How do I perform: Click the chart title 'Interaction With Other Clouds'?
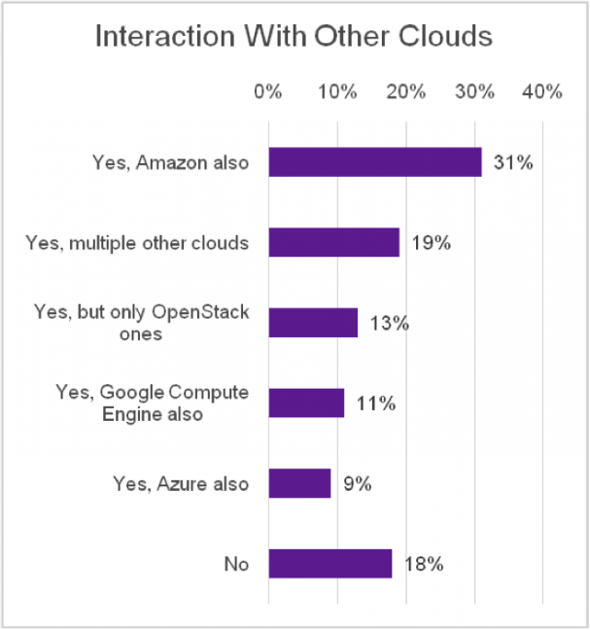click(x=294, y=37)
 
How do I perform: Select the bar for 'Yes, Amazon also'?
click(x=375, y=162)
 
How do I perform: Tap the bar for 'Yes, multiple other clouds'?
click(x=333, y=242)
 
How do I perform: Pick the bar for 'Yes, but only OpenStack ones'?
click(x=313, y=322)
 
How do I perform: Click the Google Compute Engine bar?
click(x=306, y=402)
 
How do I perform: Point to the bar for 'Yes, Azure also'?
click(x=299, y=483)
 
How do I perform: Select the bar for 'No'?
click(x=330, y=563)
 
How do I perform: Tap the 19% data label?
click(x=430, y=243)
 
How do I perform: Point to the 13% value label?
click(x=389, y=323)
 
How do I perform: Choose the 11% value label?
click(x=374, y=402)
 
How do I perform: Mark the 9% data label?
click(x=357, y=483)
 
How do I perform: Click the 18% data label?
click(x=423, y=563)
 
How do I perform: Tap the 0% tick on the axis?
click(x=267, y=92)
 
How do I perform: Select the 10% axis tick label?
click(x=336, y=92)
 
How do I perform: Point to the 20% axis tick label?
click(x=405, y=92)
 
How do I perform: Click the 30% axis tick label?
click(x=474, y=92)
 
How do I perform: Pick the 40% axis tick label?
click(x=542, y=92)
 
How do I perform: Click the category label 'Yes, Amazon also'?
click(x=170, y=162)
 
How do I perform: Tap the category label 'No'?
click(x=236, y=563)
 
